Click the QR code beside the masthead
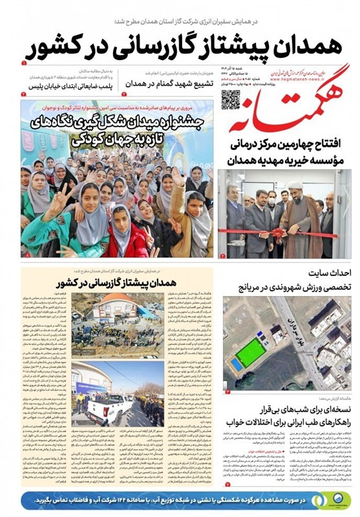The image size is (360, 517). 230,98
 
